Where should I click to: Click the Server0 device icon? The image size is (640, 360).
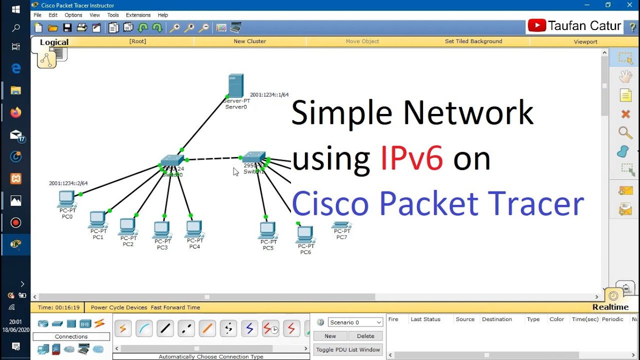(235, 85)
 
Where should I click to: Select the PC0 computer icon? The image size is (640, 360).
(66, 198)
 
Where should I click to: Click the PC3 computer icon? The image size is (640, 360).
(161, 229)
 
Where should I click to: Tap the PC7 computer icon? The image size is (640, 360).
(341, 225)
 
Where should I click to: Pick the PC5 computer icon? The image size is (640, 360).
(267, 230)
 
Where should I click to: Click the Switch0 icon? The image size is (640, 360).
(172, 161)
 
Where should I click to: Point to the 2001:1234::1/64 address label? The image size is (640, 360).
(269, 94)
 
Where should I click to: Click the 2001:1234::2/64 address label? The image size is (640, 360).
(68, 183)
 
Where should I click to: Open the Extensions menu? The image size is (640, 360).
(138, 15)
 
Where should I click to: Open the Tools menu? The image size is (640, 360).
(113, 15)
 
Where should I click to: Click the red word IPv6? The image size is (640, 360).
(411, 158)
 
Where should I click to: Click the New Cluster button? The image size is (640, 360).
(249, 41)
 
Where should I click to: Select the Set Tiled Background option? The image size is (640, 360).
(473, 41)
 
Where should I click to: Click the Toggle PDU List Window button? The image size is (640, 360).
(348, 349)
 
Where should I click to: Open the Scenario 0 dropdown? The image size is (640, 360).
(355, 322)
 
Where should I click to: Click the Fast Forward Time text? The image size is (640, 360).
(175, 307)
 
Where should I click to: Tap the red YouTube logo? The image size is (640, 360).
(536, 25)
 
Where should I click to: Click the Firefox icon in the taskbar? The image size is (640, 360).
(15, 112)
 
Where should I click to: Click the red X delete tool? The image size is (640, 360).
(625, 114)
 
